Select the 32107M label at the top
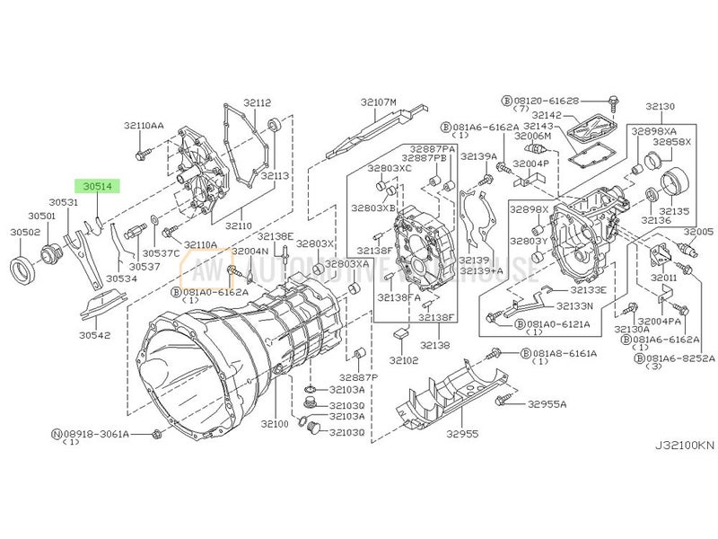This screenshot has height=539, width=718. tap(379, 102)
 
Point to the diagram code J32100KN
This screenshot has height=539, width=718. tap(683, 444)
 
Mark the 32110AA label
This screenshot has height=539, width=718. tap(144, 125)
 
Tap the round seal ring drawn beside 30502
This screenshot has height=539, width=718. tap(27, 267)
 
